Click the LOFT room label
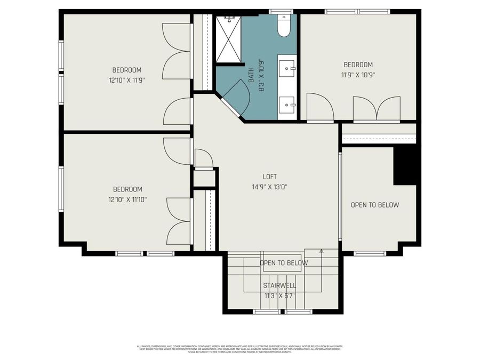click(x=269, y=177)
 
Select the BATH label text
click(x=251, y=75)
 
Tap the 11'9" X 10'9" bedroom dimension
click(x=358, y=75)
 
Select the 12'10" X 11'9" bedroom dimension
click(x=126, y=80)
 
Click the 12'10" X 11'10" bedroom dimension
click(x=127, y=199)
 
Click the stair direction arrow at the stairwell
click(x=321, y=251)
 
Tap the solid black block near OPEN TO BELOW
click(x=405, y=166)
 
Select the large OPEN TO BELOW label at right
click(x=375, y=205)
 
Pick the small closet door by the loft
click(x=204, y=158)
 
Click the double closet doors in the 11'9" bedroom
click(x=377, y=108)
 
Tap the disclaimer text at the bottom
click(x=239, y=349)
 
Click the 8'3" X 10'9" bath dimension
click(x=262, y=75)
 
